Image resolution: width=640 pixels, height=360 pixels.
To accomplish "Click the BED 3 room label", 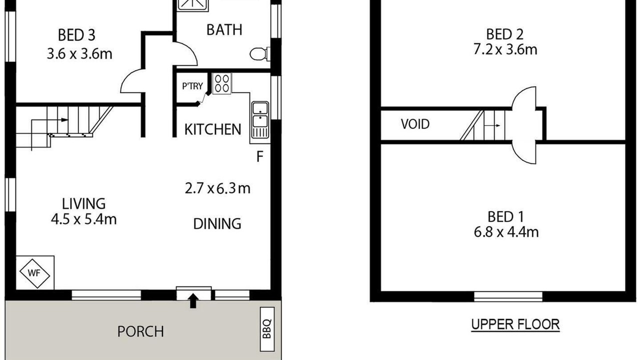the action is (x=76, y=35).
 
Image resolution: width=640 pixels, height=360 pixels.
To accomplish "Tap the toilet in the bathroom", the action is (x=259, y=53).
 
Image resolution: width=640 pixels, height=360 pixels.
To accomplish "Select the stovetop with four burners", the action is (x=221, y=83).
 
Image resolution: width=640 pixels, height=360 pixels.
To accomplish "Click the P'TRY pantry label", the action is (x=192, y=85).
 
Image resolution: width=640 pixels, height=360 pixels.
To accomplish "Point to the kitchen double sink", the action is (x=260, y=119).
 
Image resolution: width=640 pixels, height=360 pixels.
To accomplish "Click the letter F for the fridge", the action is (x=259, y=156).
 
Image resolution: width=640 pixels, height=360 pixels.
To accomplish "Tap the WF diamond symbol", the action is (x=34, y=273).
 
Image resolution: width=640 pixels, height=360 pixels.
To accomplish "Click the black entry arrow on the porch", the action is (x=193, y=300).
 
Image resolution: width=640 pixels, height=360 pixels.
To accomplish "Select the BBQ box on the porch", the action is (x=267, y=329).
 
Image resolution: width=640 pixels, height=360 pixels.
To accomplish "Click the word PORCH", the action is (x=140, y=331).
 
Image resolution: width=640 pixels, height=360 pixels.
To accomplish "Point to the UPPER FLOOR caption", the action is (x=515, y=324).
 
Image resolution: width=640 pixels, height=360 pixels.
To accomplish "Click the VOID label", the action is (x=415, y=124).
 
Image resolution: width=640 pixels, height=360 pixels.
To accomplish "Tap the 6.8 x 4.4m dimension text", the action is (x=506, y=232).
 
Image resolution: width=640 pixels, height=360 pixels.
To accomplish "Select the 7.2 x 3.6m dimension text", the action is (x=505, y=49).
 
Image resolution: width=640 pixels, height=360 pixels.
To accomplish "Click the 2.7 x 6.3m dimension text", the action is (x=217, y=188).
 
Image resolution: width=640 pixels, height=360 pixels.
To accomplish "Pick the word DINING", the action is (x=217, y=223).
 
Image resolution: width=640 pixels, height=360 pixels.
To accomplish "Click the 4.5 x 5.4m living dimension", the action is (x=83, y=219).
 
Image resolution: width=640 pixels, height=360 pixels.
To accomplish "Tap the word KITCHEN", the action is (x=213, y=129).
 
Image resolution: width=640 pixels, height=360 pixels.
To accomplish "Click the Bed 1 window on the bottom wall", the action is (x=508, y=296).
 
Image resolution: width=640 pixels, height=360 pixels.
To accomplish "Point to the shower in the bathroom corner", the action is (x=193, y=5).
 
